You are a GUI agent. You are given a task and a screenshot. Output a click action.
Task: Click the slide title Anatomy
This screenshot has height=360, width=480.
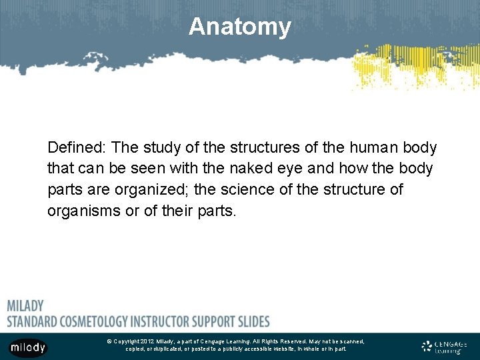click(x=239, y=27)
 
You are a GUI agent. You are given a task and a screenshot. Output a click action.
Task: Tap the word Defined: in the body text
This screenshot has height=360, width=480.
click(x=77, y=147)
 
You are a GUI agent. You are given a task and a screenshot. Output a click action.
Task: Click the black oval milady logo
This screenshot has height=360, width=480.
click(x=28, y=347)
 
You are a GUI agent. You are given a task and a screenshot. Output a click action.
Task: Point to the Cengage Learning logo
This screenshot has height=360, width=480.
click(x=444, y=347)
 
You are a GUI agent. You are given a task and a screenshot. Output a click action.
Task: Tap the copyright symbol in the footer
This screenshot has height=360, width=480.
click(x=109, y=341)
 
